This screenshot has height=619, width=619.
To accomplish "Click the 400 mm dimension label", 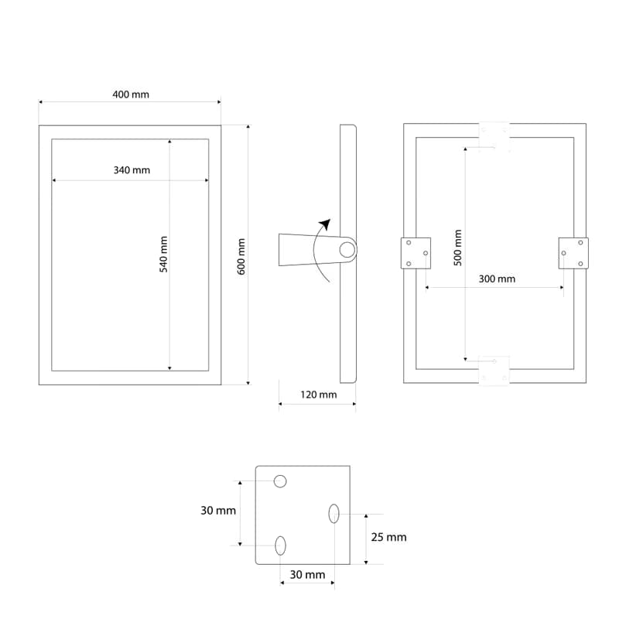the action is pyautogui.click(x=131, y=94).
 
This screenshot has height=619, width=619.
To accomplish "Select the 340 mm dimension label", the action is pyautogui.click(x=132, y=170).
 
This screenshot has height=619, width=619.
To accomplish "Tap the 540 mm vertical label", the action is pyautogui.click(x=164, y=255).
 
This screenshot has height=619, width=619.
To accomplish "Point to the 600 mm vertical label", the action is pyautogui.click(x=241, y=257).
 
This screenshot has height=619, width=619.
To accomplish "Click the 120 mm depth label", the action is pyautogui.click(x=319, y=395).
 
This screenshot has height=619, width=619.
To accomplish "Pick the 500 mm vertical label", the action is pyautogui.click(x=457, y=248).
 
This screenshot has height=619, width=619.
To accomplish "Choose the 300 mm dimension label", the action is pyautogui.click(x=497, y=279).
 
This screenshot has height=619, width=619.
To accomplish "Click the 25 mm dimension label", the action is pyautogui.click(x=389, y=537).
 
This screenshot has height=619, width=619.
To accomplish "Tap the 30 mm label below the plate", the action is pyautogui.click(x=307, y=574).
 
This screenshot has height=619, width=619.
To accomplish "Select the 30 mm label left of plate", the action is pyautogui.click(x=218, y=511).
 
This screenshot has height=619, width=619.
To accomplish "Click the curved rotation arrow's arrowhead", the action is pyautogui.click(x=325, y=224).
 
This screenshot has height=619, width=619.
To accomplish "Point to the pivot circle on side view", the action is pyautogui.click(x=347, y=250).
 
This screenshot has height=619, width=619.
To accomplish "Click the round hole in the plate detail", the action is pyautogui.click(x=280, y=481).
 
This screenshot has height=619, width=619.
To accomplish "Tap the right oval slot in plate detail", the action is pyautogui.click(x=333, y=514).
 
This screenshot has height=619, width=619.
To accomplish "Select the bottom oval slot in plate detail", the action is pyautogui.click(x=280, y=545).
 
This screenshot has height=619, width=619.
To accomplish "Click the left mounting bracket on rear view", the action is pyautogui.click(x=416, y=253).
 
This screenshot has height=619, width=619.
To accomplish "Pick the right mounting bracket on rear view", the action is pyautogui.click(x=573, y=253).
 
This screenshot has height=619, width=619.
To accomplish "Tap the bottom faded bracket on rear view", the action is pyautogui.click(x=494, y=371).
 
